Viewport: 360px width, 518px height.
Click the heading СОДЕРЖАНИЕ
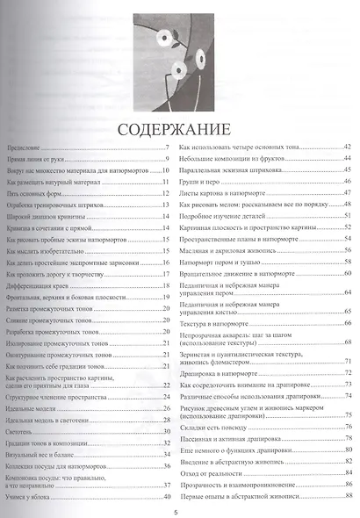180,130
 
